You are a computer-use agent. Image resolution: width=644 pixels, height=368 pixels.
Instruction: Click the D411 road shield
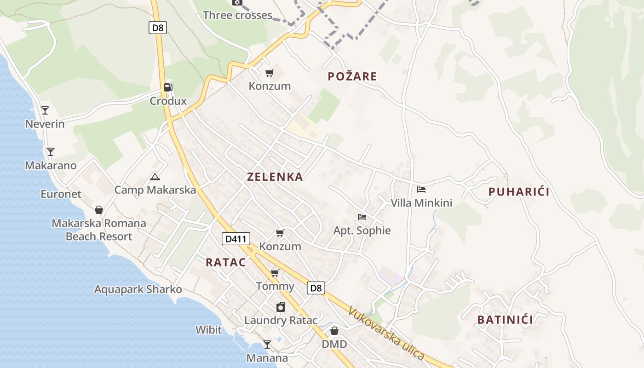pyautogui.click(x=236, y=239)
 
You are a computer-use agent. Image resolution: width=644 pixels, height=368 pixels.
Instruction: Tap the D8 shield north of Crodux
pyautogui.click(x=157, y=28)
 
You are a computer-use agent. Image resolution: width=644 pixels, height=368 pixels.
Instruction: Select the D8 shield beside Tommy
pyautogui.click(x=316, y=288)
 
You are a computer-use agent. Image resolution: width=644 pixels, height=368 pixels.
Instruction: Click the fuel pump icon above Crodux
pyautogui.click(x=168, y=87)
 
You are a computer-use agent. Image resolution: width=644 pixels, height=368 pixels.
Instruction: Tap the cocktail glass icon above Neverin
pyautogui.click(x=45, y=110)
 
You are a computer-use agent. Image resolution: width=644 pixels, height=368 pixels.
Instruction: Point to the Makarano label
pyautogui.click(x=51, y=166)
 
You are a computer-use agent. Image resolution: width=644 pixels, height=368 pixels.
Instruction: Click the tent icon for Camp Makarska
pyautogui.click(x=155, y=177)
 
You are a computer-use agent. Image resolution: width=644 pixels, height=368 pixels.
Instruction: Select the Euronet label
pyautogui.click(x=61, y=194)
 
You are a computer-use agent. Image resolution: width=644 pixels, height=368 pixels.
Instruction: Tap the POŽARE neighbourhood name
pyautogui.click(x=352, y=76)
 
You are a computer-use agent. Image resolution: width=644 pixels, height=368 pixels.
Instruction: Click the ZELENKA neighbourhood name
pyautogui.click(x=275, y=177)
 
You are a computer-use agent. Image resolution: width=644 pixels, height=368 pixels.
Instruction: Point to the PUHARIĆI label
pyautogui.click(x=519, y=192)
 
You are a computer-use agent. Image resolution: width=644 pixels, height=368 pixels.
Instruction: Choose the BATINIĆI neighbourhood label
pyautogui.click(x=505, y=320)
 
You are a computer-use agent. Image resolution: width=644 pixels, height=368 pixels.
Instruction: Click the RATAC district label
pyautogui.click(x=225, y=263)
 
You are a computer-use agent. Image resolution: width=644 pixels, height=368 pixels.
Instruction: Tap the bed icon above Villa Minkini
pyautogui.click(x=421, y=189)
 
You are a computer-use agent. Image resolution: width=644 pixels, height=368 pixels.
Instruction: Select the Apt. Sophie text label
pyautogui.click(x=362, y=230)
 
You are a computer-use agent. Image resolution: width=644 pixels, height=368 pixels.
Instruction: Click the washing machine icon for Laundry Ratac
pyautogui.click(x=281, y=307)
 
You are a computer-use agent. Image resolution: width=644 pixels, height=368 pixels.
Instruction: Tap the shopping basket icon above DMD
pyautogui.click(x=334, y=331)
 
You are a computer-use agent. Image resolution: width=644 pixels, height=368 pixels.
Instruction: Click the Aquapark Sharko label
pyautogui.click(x=138, y=289)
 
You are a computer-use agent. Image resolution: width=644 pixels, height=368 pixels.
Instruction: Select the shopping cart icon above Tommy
pyautogui.click(x=275, y=273)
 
